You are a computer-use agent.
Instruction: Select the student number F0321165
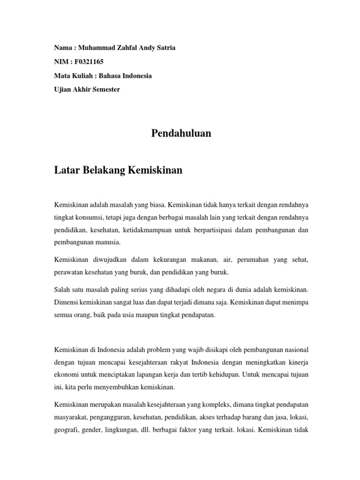88,61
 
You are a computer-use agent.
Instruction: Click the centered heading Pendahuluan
181,134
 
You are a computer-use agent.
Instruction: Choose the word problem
173,350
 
